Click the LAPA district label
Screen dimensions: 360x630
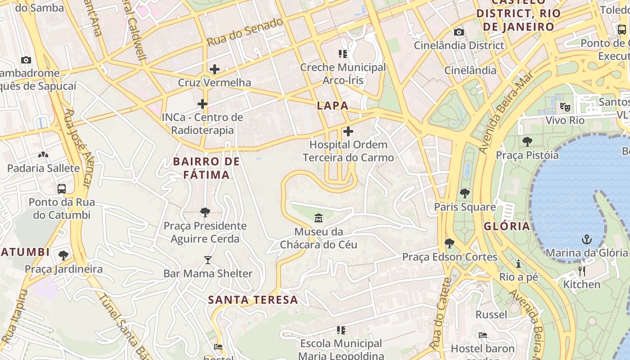pyautogui.click(x=333, y=106)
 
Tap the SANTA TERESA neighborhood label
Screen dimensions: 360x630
pyautogui.click(x=253, y=300)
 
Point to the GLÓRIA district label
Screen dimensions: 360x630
pyautogui.click(x=507, y=226)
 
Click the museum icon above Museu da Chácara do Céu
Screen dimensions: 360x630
pyautogui.click(x=319, y=218)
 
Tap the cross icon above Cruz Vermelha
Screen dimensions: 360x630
pyautogui.click(x=215, y=69)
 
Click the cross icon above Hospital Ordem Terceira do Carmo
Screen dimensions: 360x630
pyautogui.click(x=348, y=131)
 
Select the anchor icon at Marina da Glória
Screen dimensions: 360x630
pyautogui.click(x=586, y=239)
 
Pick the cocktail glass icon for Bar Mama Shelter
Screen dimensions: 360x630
pyautogui.click(x=207, y=260)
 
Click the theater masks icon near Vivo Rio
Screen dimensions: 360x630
pyautogui.click(x=565, y=107)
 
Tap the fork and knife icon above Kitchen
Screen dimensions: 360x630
pyautogui.click(x=582, y=271)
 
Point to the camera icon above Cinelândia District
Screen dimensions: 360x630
pyautogui.click(x=459, y=32)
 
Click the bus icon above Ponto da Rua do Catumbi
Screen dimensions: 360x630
pyautogui.click(x=62, y=189)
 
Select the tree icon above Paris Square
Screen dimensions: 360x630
pyautogui.click(x=465, y=193)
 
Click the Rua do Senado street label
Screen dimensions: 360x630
pyautogui.click(x=245, y=31)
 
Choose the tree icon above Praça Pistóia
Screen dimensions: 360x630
pyautogui.click(x=527, y=142)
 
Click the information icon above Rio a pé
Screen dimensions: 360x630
pyautogui.click(x=518, y=264)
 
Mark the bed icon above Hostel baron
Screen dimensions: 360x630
pyautogui.click(x=483, y=335)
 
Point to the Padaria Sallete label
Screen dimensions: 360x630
pyautogui.click(x=43, y=168)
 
